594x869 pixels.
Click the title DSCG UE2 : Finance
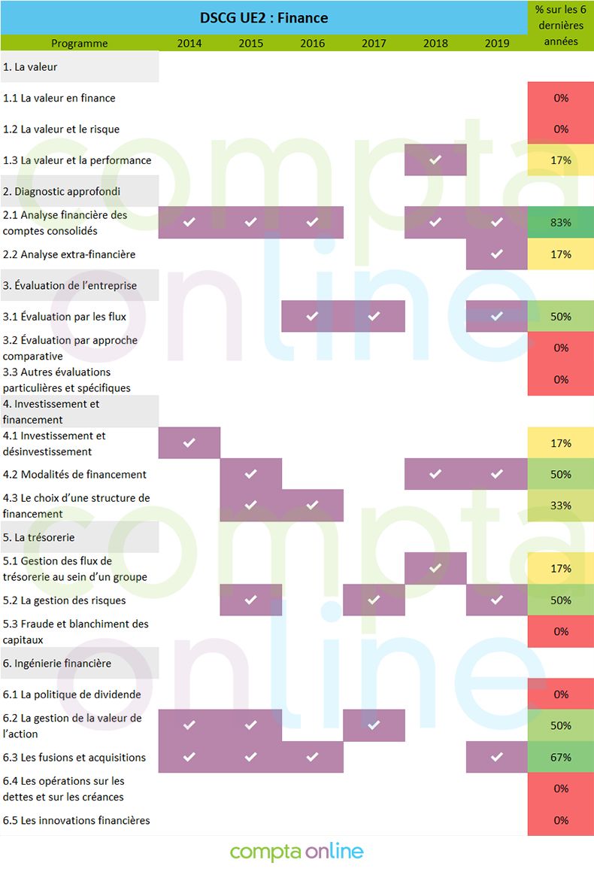pos(264,17)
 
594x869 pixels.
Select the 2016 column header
pos(313,43)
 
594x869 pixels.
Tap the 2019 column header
pos(497,43)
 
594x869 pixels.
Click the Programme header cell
pos(80,43)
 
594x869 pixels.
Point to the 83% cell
pos(561,223)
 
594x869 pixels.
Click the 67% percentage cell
pos(561,758)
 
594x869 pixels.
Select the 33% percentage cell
pos(561,506)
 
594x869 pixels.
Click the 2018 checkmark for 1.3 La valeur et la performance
pos(435,160)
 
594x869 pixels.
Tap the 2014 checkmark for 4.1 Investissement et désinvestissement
pos(189,443)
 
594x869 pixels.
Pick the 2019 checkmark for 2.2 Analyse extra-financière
pos(497,254)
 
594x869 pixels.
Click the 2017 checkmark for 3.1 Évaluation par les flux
pos(374,317)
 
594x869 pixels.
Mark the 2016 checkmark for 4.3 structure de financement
pos(313,506)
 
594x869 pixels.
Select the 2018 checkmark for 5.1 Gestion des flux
pos(435,568)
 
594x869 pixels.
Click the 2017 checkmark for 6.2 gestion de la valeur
pos(374,725)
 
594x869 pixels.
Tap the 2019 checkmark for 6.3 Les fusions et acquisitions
pos(497,758)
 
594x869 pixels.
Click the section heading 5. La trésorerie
pos(39,537)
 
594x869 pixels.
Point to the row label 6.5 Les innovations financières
pos(77,820)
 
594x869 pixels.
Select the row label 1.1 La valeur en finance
pos(59,98)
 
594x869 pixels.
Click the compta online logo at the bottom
pos(297,852)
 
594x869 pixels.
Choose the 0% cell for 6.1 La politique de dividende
pos(561,694)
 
